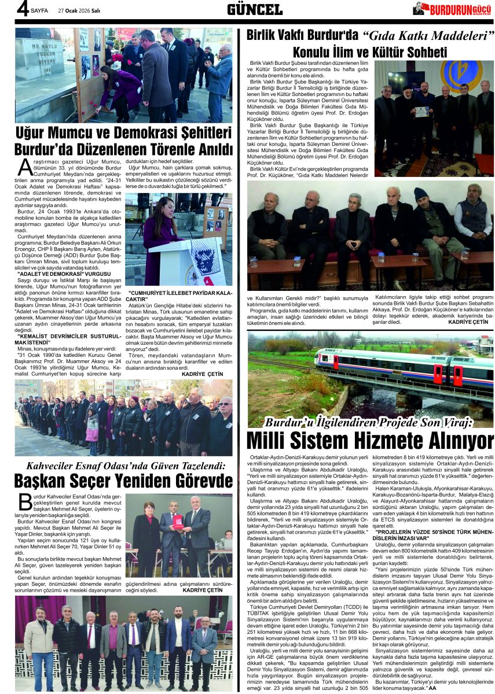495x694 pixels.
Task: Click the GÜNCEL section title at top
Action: (255, 9)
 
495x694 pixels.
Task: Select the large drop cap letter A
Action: (24, 168)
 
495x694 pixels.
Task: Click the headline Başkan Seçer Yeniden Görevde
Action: (123, 481)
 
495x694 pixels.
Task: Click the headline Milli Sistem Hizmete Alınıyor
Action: (370, 441)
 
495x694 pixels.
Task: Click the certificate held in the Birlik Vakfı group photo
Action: (421, 111)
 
